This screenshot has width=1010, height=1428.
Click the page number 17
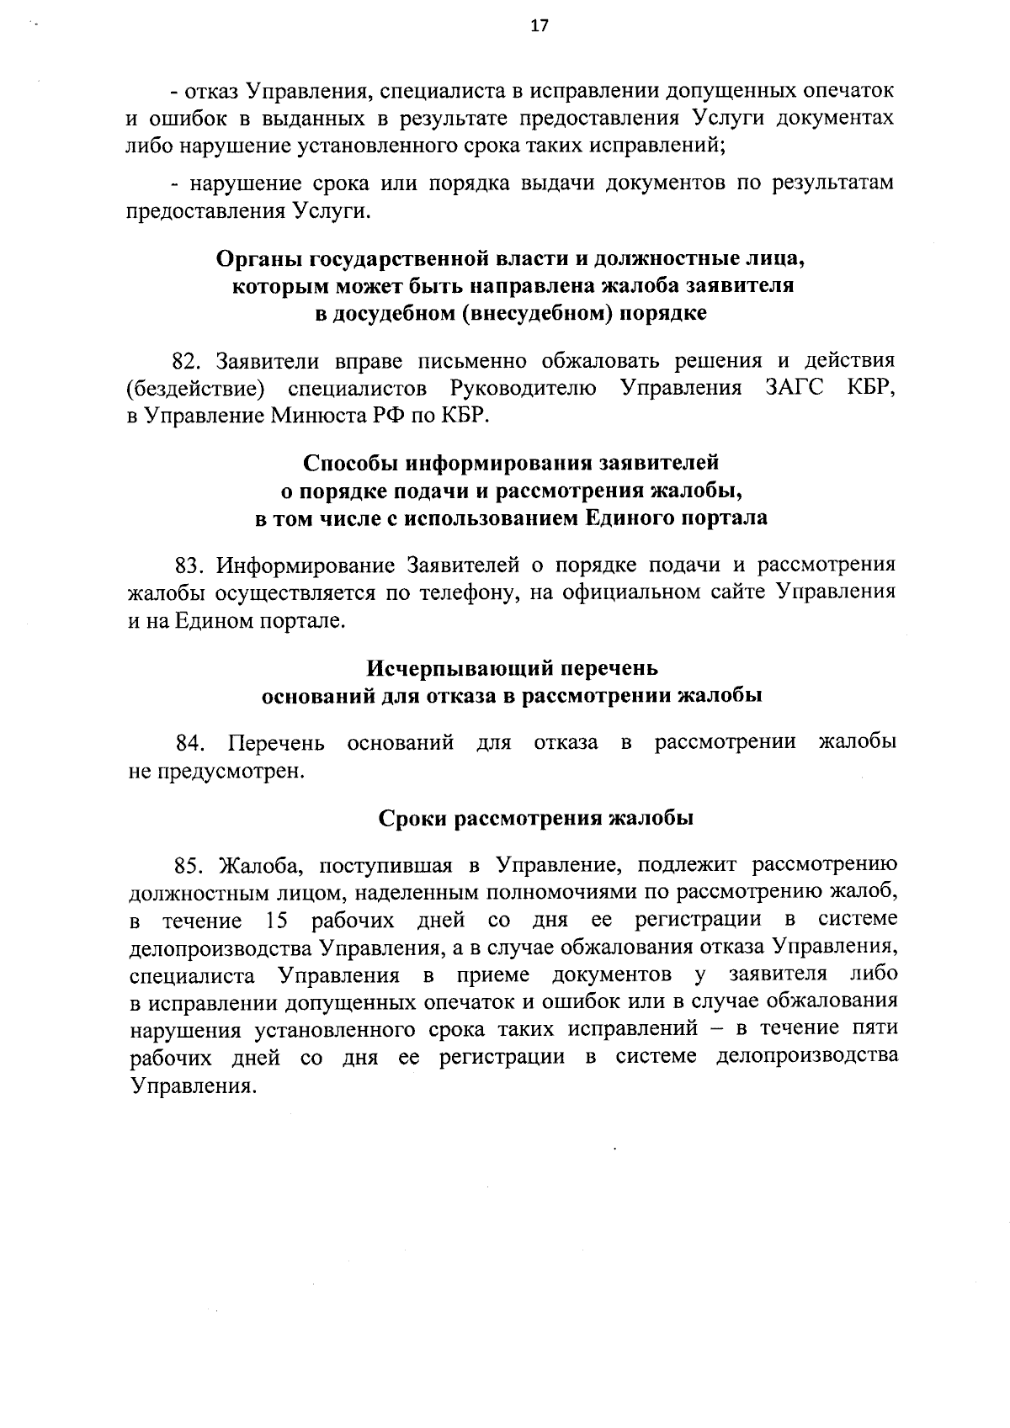[540, 26]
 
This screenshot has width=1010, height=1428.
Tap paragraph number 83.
[186, 564]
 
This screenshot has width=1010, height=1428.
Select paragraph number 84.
[190, 742]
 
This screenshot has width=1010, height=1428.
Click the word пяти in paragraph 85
[874, 1028]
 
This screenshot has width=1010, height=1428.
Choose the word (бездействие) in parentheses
[196, 389]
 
